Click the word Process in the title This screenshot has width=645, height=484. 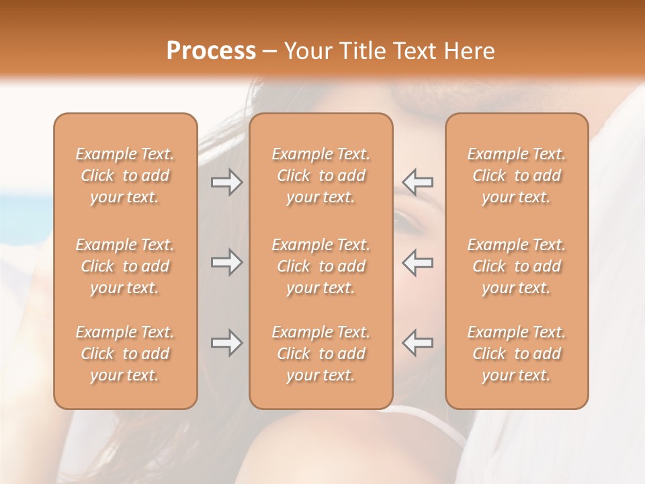211,51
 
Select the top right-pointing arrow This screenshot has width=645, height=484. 226,182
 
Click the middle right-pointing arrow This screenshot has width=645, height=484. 226,261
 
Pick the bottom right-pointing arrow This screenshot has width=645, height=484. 226,343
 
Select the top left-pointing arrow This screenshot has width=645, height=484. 417,182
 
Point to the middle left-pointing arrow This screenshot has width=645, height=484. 417,261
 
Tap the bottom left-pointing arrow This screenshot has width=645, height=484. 417,343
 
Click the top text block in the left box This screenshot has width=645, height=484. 125,175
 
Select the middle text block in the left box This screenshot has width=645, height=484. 125,266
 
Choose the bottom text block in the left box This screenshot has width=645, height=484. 125,354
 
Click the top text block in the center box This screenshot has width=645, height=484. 320,175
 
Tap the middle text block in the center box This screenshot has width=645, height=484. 320,266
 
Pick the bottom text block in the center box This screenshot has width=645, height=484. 320,354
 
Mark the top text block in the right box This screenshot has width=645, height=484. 517,175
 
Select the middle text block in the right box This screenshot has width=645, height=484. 517,266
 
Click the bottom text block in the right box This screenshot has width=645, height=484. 517,354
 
